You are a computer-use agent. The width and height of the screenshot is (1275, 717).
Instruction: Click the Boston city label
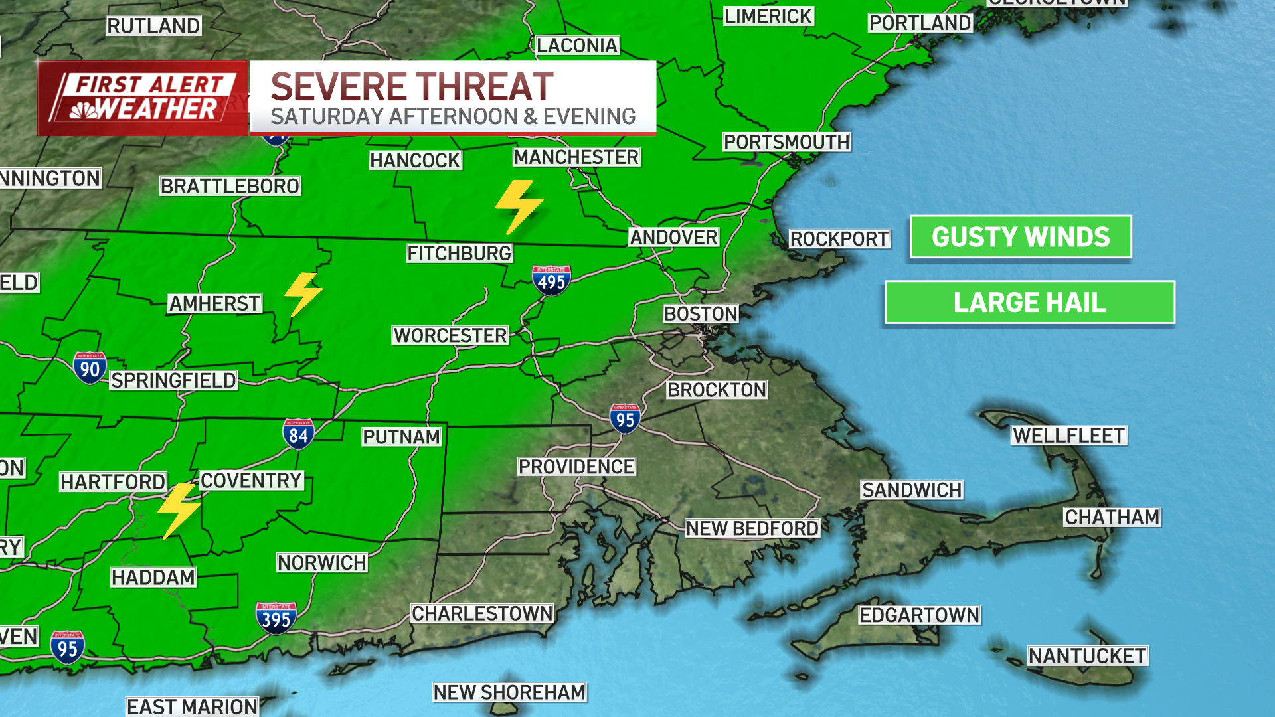(x=701, y=313)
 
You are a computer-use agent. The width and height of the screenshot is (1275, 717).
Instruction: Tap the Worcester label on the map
(x=450, y=335)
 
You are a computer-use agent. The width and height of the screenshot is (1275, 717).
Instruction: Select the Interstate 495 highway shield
(x=551, y=281)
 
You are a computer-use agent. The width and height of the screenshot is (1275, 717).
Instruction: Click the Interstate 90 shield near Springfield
(x=90, y=368)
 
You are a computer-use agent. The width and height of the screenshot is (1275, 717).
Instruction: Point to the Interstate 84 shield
(x=298, y=434)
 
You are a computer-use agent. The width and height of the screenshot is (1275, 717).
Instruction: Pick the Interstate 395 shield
(x=276, y=618)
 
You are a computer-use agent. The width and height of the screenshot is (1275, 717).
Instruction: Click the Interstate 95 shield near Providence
(x=625, y=418)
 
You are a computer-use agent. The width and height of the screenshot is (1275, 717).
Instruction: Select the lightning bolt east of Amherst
(x=303, y=293)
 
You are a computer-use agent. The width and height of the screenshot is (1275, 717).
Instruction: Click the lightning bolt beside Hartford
(x=179, y=510)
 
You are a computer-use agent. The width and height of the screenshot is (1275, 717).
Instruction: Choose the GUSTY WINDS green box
(x=1021, y=237)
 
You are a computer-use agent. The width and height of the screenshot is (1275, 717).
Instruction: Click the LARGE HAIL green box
(x=1030, y=303)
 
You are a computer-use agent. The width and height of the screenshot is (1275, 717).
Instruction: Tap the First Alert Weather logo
(x=142, y=98)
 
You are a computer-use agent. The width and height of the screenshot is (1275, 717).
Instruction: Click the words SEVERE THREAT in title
(x=412, y=87)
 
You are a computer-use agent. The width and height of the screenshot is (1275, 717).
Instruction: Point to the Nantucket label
(x=1087, y=656)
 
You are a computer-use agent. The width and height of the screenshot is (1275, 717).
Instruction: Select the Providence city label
(x=576, y=467)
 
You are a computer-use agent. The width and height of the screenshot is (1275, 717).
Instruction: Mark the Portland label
(x=920, y=23)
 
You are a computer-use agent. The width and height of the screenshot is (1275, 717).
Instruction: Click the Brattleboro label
(x=230, y=186)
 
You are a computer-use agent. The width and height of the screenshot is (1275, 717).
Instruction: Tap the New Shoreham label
(x=509, y=692)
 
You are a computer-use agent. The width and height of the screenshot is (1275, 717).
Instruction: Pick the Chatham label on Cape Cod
(x=1112, y=517)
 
